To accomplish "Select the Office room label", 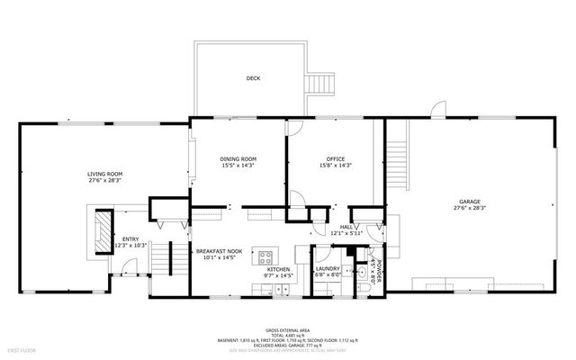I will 335,158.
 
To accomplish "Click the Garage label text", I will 469,200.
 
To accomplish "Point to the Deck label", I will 253,79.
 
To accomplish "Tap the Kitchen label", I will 278,269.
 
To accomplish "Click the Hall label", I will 346,227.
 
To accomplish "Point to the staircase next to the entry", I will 161,260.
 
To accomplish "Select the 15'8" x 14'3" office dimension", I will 335,166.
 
